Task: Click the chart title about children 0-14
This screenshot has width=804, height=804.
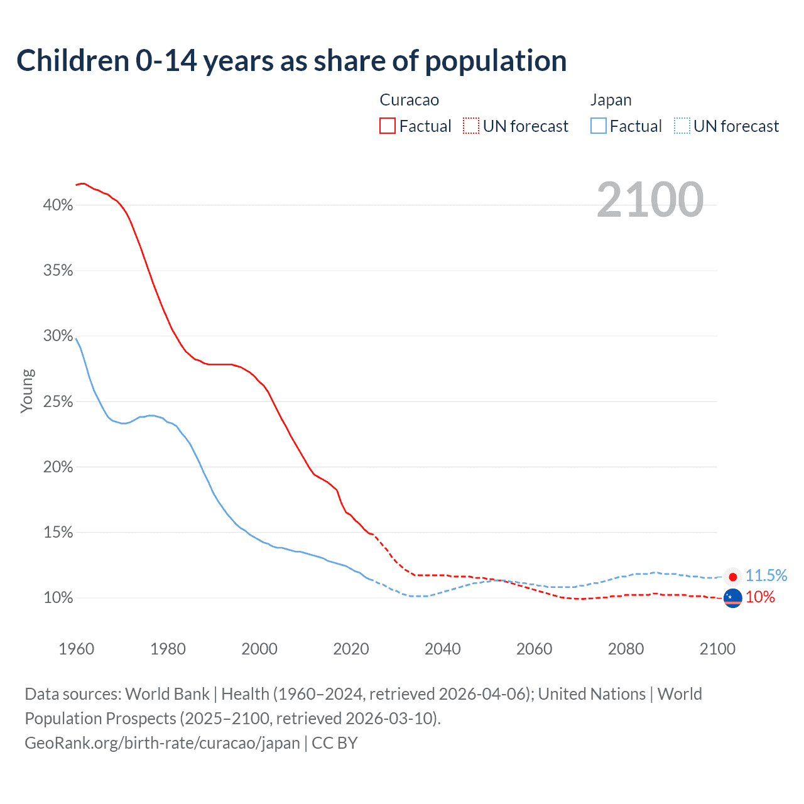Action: coord(291,61)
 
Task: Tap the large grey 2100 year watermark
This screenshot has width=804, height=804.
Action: coord(649,200)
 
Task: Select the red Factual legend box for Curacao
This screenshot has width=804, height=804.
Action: coord(388,126)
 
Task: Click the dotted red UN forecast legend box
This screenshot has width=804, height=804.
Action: coord(471,126)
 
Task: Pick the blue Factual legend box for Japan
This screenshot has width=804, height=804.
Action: coord(599,126)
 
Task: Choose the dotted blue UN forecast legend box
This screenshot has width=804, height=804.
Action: coord(682,126)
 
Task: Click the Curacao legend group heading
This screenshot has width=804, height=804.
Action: coord(410,100)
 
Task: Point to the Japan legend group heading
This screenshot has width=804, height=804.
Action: coord(611,100)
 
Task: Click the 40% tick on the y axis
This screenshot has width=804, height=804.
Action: coord(58,205)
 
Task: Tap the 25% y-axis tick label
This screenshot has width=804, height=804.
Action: coord(58,402)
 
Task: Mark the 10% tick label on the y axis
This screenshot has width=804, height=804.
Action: coord(58,598)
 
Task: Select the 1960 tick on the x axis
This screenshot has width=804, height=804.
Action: coord(76,649)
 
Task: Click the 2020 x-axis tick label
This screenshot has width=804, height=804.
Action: coord(351,649)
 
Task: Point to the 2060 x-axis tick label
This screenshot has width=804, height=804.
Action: coord(534,649)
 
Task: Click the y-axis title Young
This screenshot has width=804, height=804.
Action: coord(27,391)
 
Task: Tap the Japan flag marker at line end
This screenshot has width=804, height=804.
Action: coord(732,577)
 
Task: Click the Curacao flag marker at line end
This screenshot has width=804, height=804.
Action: coord(732,599)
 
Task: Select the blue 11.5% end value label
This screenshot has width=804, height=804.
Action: coord(766,575)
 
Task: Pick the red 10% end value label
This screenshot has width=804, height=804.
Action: coord(760,597)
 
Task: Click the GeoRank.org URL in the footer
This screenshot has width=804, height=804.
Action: coord(162,743)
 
